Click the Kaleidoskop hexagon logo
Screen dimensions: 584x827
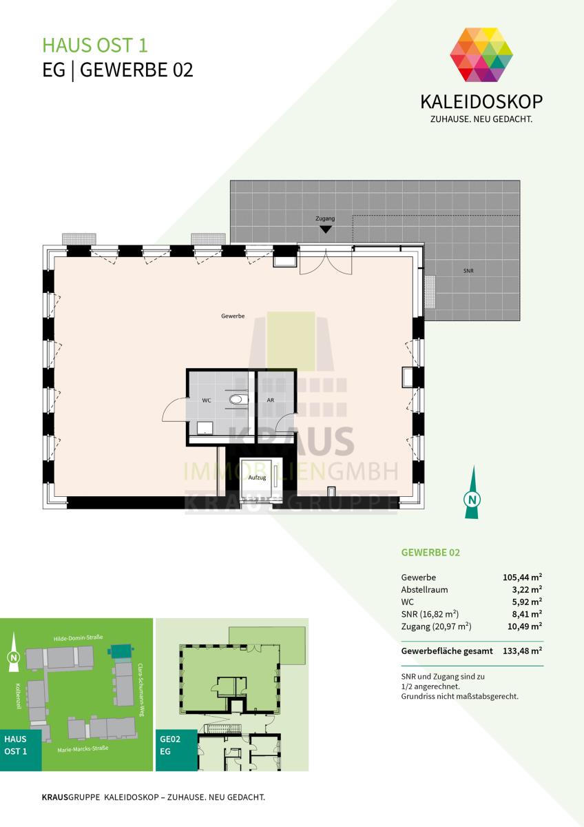click(481, 54)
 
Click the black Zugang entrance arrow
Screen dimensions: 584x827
click(325, 229)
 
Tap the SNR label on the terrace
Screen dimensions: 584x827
click(468, 271)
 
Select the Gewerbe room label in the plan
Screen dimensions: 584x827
click(233, 316)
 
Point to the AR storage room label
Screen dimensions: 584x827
click(271, 400)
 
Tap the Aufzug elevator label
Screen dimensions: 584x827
click(257, 478)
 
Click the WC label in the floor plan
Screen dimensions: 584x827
click(207, 400)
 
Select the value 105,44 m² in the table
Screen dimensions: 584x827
click(522, 577)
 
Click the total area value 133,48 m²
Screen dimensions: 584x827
click(522, 651)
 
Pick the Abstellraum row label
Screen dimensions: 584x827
click(424, 590)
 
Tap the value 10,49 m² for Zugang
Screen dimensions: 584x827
click(525, 626)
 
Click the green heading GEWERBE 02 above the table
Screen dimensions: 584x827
click(430, 552)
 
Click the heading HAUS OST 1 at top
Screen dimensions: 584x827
click(95, 45)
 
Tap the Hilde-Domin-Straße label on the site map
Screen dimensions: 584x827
click(79, 637)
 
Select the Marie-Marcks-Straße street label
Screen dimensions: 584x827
click(83, 748)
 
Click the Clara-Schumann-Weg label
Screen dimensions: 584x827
click(140, 690)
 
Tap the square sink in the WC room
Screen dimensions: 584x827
click(205, 427)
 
